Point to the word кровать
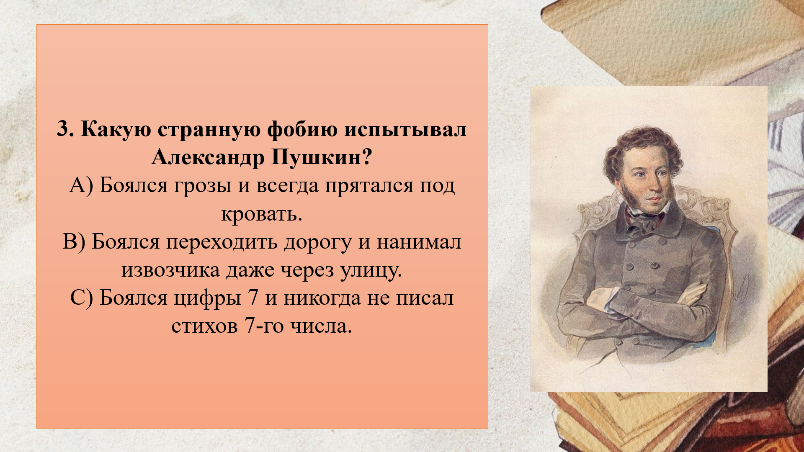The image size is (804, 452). pyautogui.click(x=262, y=214)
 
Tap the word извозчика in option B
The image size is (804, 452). pyautogui.click(x=171, y=270)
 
